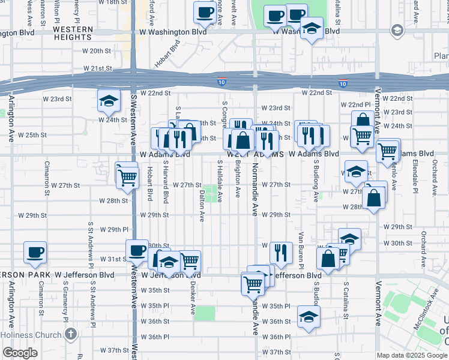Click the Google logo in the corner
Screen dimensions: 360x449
tap(20, 353)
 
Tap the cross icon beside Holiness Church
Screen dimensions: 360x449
tap(71, 334)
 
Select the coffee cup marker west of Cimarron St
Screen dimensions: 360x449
tap(35, 253)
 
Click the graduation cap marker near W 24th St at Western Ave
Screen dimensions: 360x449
tap(108, 101)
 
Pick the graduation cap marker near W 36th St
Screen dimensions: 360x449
tap(309, 317)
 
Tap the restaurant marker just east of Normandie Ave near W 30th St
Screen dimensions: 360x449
tap(281, 253)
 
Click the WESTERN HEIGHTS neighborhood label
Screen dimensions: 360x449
tap(73, 32)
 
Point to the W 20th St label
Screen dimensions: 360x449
tap(93, 52)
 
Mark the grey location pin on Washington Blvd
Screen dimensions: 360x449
tap(397, 29)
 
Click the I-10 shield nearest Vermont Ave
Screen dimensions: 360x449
tap(343, 82)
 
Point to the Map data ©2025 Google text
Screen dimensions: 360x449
tap(411, 355)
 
